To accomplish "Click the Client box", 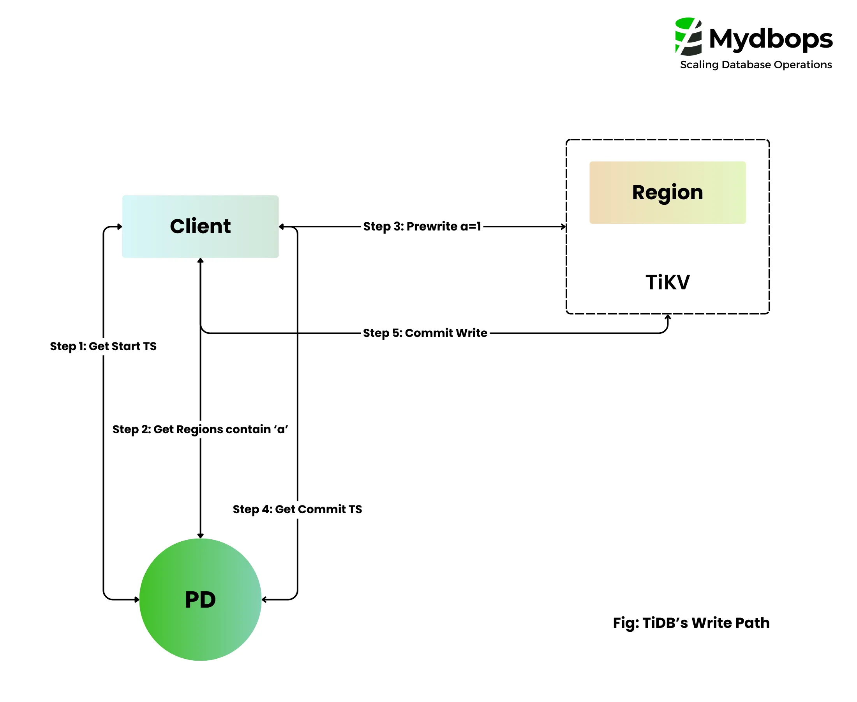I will (200, 227).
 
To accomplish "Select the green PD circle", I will (200, 599).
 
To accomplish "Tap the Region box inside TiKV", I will (667, 193).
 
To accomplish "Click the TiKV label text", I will (667, 282).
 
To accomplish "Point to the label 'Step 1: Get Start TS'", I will (103, 346).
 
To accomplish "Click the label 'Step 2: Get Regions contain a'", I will (200, 429).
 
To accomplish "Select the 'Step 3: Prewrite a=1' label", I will (422, 227).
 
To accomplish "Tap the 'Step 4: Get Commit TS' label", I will (297, 509).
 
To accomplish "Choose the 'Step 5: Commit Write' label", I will (425, 333).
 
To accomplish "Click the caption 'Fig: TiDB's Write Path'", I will (691, 623).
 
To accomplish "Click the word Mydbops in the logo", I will (771, 39).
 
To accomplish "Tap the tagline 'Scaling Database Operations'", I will (756, 65).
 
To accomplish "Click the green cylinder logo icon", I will (688, 36).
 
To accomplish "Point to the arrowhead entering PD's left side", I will (137, 599).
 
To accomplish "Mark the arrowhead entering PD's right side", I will (264, 599).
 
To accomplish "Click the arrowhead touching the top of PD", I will (200, 536).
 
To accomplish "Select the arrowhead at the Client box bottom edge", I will (200, 261).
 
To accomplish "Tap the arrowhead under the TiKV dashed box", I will (668, 317).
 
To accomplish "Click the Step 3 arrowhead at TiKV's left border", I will (564, 227).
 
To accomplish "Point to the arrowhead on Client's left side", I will (120, 227).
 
